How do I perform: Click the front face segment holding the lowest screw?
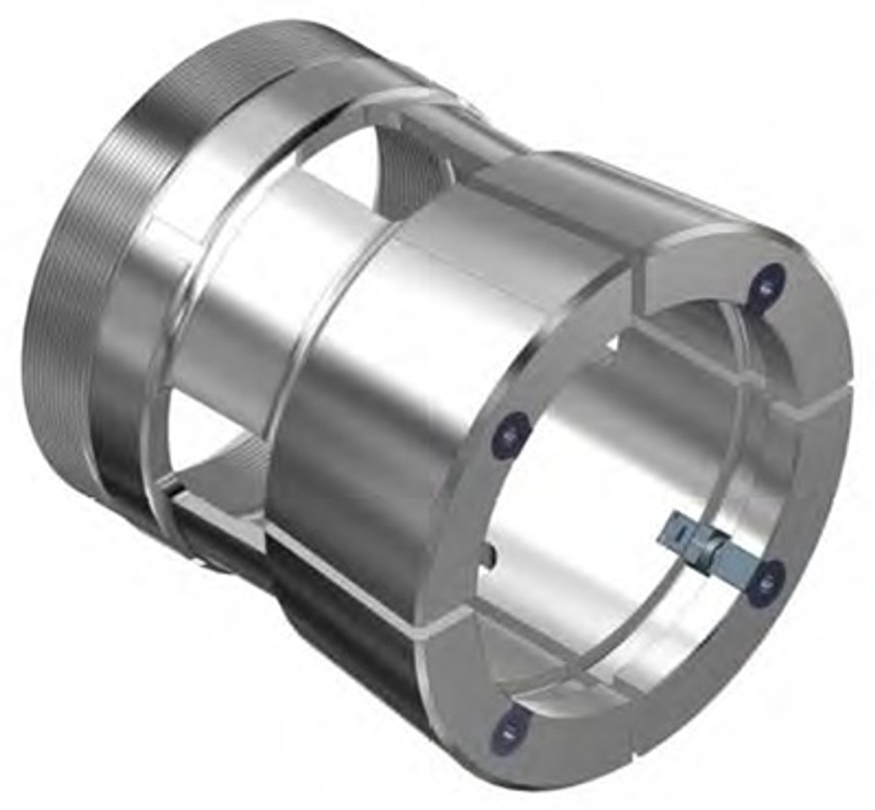(x=547, y=725)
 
